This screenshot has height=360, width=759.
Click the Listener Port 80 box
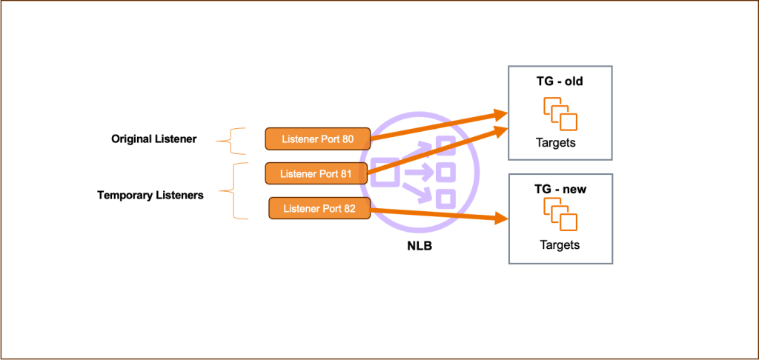pyautogui.click(x=317, y=139)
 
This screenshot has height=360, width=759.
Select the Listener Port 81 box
pyautogui.click(x=316, y=173)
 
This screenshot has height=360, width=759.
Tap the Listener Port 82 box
pyautogui.click(x=319, y=209)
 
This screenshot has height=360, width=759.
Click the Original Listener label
pyautogui.click(x=153, y=139)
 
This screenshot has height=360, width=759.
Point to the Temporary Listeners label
pyautogui.click(x=150, y=196)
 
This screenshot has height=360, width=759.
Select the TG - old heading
pyautogui.click(x=560, y=81)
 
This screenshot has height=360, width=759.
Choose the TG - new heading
pyautogui.click(x=560, y=190)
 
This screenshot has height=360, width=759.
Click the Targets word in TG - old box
pyautogui.click(x=555, y=143)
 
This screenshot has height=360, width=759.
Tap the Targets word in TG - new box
pyautogui.click(x=559, y=245)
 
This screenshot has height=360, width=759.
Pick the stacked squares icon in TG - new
pyautogui.click(x=560, y=215)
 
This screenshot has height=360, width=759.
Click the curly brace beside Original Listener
pyautogui.click(x=236, y=139)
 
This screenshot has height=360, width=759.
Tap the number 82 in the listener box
pyautogui.click(x=350, y=209)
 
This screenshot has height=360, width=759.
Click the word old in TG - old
pyautogui.click(x=573, y=81)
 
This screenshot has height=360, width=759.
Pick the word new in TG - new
pyautogui.click(x=574, y=190)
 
